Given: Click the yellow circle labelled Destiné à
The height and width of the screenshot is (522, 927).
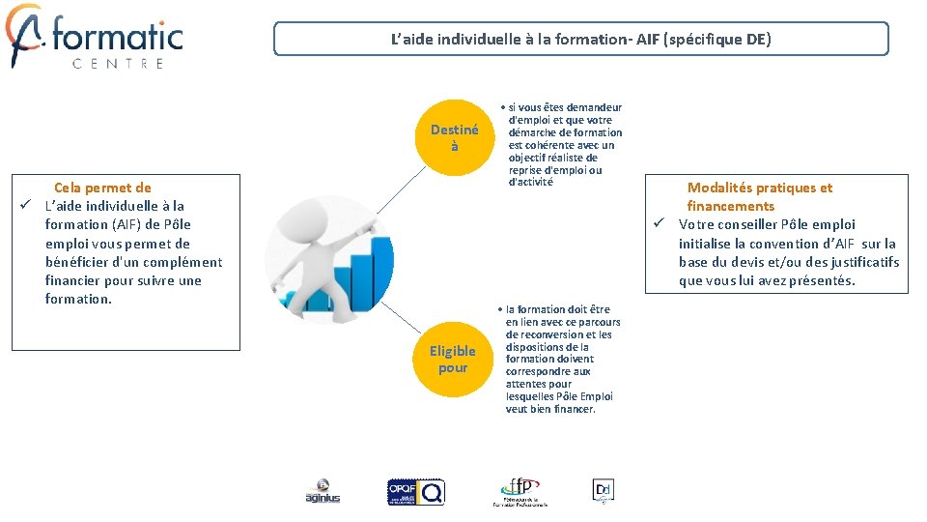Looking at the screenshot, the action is point(454,138).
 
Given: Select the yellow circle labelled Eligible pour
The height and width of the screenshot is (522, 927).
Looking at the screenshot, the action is point(452,360).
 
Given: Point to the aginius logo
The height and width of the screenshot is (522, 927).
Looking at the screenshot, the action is point(323,492).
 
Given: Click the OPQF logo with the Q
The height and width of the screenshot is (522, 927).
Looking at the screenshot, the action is point(415,492).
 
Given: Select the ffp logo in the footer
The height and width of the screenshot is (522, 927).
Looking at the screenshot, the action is point(520,491).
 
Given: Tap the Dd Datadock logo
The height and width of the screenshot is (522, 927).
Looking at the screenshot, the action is point(604,490).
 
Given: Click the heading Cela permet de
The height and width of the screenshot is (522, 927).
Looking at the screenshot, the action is point(102,188).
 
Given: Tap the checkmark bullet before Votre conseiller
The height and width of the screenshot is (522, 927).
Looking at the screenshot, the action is point(659,224).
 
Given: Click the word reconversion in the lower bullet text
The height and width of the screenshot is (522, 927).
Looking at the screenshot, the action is point(548,334).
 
